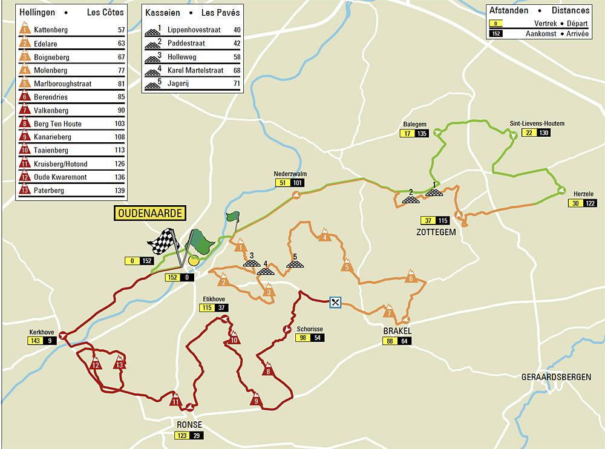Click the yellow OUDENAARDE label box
click(149, 214)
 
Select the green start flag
click(232, 217)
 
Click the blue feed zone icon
click(336, 302)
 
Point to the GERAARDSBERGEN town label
click(556, 377)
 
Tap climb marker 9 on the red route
click(256, 399)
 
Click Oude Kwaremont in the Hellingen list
click(60, 177)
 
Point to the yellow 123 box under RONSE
click(181, 436)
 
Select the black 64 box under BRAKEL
click(405, 341)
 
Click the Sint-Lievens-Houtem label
click(537, 124)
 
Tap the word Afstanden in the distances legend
click(509, 10)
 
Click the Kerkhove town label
click(42, 332)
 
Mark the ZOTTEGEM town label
click(436, 232)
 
